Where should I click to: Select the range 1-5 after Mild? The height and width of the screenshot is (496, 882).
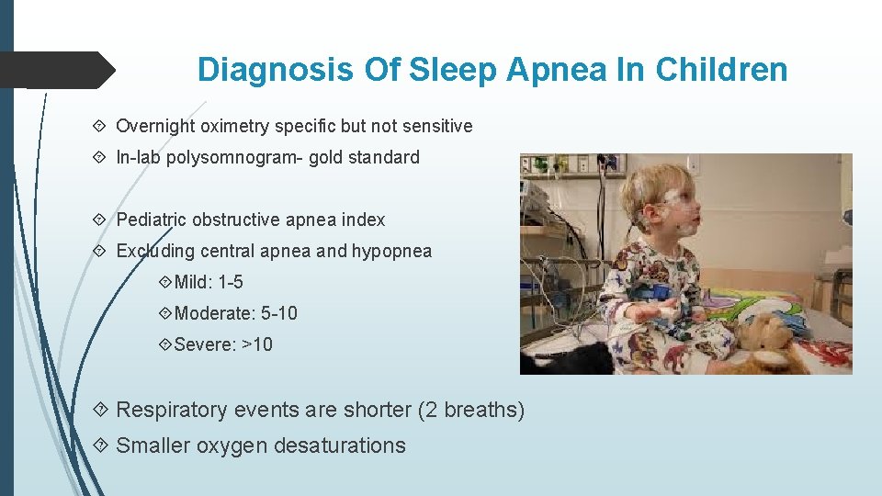click(x=231, y=282)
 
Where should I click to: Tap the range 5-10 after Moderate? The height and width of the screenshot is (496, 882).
click(x=279, y=313)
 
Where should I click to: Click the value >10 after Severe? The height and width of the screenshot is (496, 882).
click(x=257, y=344)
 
